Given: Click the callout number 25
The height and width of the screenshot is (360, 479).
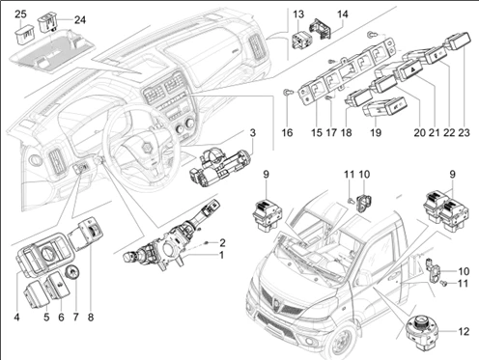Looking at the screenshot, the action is [21, 14].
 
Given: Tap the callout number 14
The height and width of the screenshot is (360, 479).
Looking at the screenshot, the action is [343, 14].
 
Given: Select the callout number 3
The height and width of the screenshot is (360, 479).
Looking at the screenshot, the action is [253, 132].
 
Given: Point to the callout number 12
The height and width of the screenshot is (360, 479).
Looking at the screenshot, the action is [464, 331].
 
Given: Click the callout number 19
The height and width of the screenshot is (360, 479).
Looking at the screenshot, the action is [376, 132].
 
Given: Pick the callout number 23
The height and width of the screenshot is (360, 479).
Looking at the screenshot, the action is [464, 132].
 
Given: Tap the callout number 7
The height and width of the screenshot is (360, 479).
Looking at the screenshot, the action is [75, 318].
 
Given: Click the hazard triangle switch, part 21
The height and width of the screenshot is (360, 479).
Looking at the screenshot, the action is [409, 70].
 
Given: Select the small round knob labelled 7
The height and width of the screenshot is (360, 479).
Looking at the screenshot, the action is [72, 273].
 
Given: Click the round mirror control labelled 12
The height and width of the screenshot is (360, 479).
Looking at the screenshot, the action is [422, 330].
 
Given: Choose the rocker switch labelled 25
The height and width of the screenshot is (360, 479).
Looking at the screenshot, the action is [25, 37].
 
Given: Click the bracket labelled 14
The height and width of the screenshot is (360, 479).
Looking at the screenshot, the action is [320, 30].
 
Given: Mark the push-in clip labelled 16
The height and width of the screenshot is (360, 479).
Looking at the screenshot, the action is [288, 93].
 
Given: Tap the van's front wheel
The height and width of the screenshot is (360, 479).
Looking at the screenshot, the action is [341, 341].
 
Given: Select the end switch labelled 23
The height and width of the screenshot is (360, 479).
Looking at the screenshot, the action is [458, 41].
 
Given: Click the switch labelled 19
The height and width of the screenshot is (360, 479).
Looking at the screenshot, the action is [385, 107].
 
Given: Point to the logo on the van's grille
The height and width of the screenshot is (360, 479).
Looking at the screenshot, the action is [277, 302].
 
